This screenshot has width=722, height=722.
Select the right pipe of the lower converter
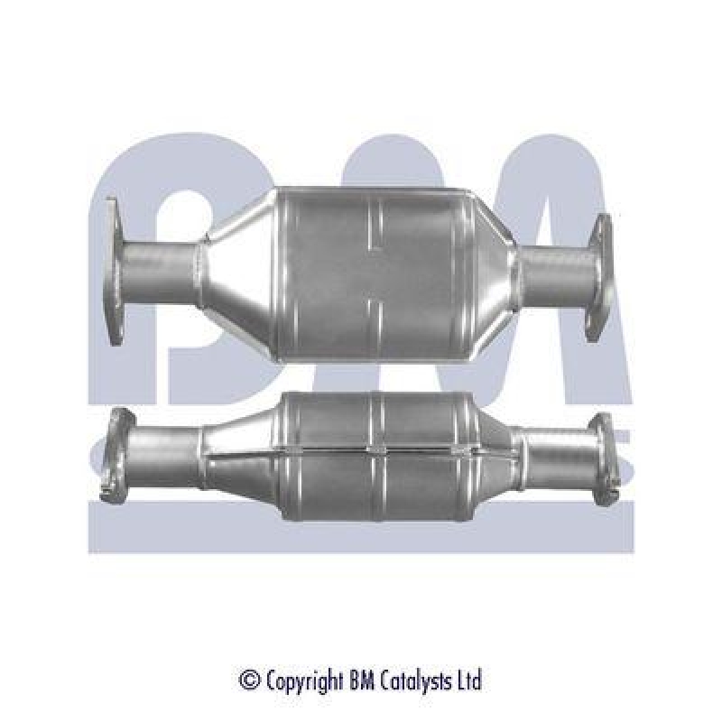[x=556, y=461]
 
